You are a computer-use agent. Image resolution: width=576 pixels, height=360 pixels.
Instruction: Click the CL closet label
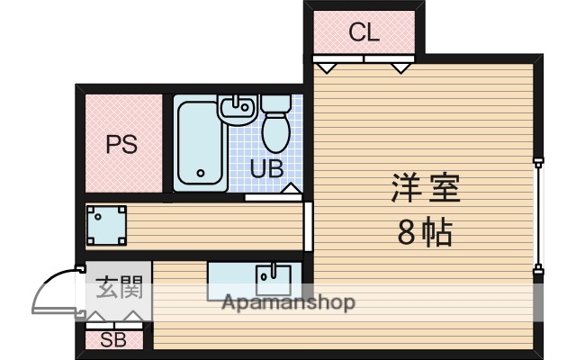tap(364, 33)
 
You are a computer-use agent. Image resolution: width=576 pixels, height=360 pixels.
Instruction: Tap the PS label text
tap(121, 144)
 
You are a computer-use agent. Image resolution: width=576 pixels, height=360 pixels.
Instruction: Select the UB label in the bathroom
tap(268, 168)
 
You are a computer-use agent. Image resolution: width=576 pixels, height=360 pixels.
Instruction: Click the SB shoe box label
tap(112, 340)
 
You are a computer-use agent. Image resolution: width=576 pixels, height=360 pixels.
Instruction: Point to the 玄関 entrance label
tap(119, 290)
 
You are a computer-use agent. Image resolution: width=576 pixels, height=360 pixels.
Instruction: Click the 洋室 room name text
tap(425, 190)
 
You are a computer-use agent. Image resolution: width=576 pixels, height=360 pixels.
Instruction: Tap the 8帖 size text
tap(425, 233)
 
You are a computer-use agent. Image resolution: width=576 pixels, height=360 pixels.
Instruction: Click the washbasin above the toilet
tap(238, 110)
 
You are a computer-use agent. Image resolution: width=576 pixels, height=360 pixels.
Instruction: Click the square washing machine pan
tap(106, 226)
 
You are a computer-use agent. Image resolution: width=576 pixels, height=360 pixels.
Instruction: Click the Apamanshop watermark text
tap(288, 302)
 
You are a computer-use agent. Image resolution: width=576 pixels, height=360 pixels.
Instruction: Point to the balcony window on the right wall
tap(538, 216)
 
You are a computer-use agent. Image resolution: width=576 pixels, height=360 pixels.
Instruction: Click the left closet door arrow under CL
tap(327, 67)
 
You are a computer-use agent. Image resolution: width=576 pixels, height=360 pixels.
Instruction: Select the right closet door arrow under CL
tap(401, 67)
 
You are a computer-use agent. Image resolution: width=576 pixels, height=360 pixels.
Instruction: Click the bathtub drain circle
tap(200, 175)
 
